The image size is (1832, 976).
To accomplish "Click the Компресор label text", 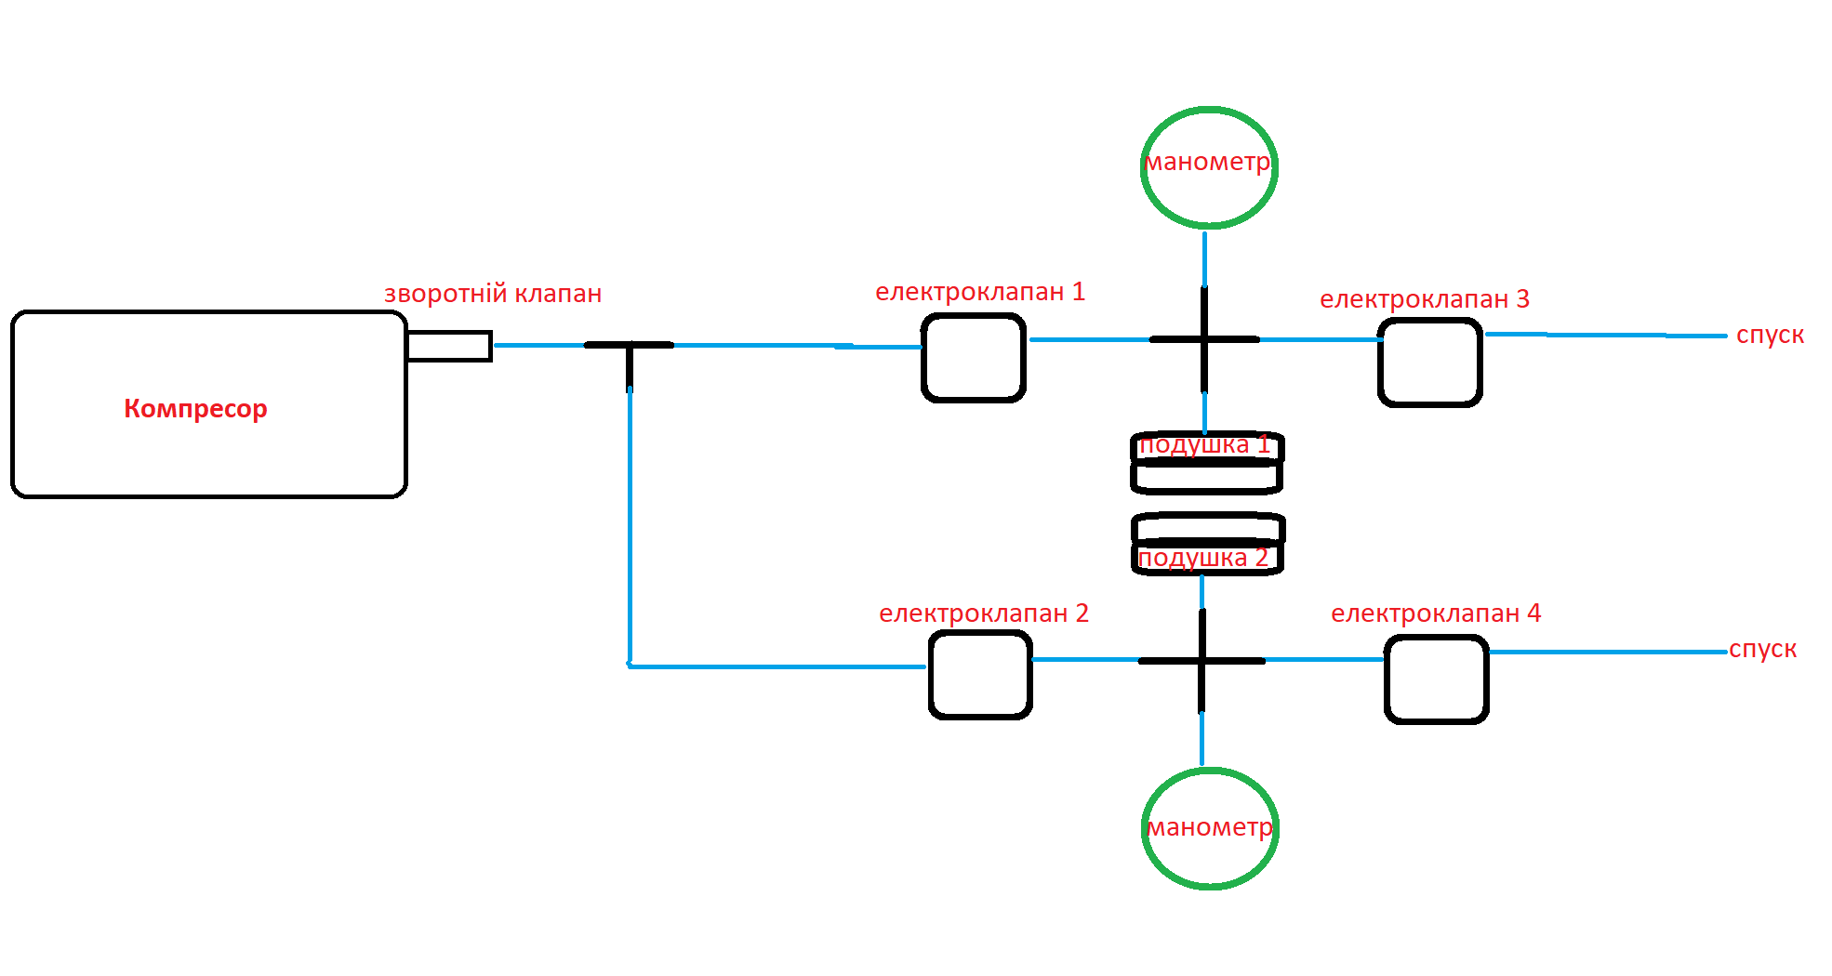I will (x=195, y=408).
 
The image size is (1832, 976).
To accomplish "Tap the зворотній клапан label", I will (x=493, y=294).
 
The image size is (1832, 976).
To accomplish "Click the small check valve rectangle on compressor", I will (x=449, y=346).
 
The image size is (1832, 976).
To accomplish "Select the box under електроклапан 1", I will (x=974, y=358).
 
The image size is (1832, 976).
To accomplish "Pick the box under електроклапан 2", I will (x=980, y=675).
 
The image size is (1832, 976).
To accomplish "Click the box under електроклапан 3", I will (x=1430, y=363).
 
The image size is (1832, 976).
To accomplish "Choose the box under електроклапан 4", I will (x=1437, y=679).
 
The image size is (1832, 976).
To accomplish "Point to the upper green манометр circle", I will (x=1209, y=167).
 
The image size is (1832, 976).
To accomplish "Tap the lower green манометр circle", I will (x=1210, y=828).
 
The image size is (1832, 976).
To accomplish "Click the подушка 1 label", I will (x=1204, y=444).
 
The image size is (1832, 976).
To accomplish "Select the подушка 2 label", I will (x=1202, y=558).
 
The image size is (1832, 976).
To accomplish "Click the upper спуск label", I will (x=1770, y=335).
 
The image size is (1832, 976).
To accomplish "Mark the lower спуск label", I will (x=1762, y=649).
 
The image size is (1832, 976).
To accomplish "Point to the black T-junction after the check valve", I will (x=630, y=347).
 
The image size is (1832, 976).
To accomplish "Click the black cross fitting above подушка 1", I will (x=1204, y=339).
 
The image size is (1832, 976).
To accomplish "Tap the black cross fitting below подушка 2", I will (x=1201, y=661).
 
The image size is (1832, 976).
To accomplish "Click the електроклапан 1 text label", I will (x=980, y=292).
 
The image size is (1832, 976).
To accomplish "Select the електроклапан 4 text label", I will (x=1436, y=613).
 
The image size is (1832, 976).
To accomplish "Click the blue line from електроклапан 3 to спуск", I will (x=1604, y=335).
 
